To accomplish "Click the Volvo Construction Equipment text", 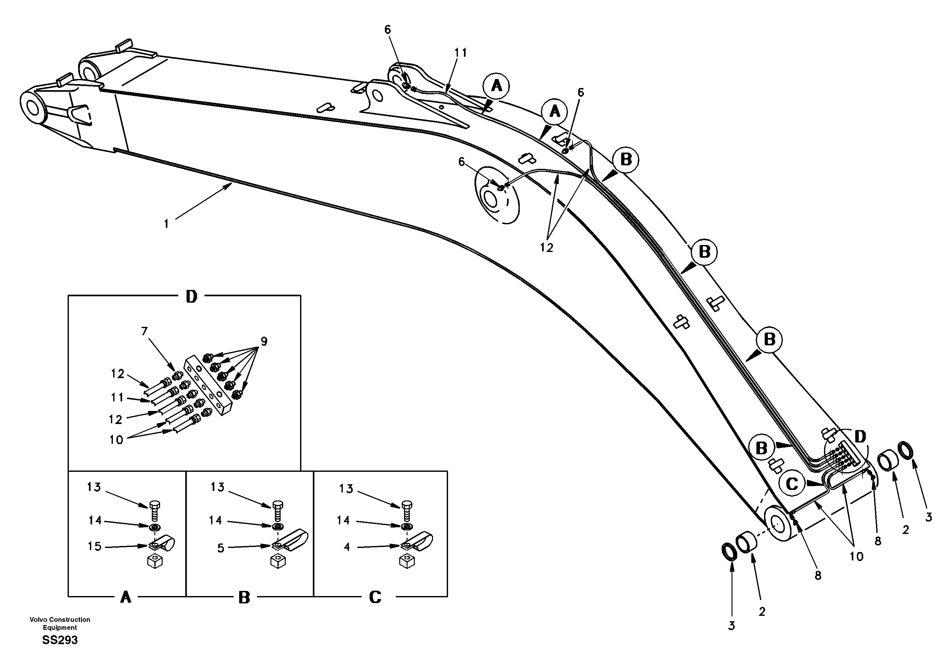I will point(60,623).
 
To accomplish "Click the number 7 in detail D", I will point(144,331).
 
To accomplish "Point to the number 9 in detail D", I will point(264,341).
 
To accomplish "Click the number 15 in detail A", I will point(94,546).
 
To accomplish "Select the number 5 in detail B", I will point(221,548).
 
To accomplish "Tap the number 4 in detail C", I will point(347,547).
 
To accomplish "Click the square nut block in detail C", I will point(407,562).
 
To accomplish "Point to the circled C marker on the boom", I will point(791,484).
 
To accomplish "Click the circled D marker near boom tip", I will point(860,436).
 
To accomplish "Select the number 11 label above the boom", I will point(460,53).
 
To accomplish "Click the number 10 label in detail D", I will point(116,440).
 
